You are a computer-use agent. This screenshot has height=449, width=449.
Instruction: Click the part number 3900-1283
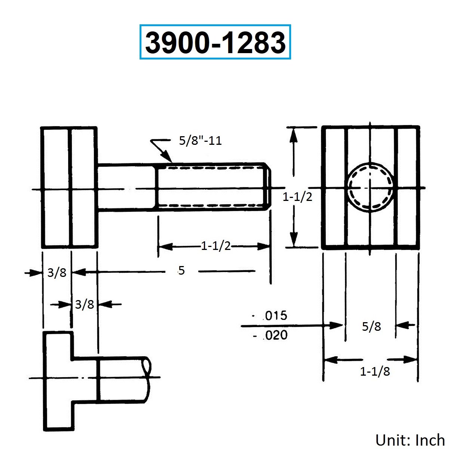215,42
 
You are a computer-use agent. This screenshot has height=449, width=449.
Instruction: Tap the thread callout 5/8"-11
200,141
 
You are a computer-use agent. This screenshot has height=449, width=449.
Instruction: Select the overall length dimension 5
181,271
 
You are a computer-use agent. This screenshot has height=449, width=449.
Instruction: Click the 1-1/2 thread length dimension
216,246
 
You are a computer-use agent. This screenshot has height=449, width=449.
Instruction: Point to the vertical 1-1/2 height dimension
297,197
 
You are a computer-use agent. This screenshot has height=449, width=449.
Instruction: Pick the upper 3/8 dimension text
57,273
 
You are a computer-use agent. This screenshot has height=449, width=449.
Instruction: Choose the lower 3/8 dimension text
84,304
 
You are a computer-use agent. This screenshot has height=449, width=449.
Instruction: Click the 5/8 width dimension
372,326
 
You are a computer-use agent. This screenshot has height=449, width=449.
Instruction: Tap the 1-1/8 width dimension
375,372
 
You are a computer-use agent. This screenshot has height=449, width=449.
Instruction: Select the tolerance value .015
275,316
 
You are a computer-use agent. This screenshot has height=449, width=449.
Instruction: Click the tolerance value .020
275,335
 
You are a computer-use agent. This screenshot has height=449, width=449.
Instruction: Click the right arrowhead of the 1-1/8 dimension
410,359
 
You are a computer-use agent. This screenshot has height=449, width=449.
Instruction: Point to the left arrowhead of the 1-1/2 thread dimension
165,246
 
